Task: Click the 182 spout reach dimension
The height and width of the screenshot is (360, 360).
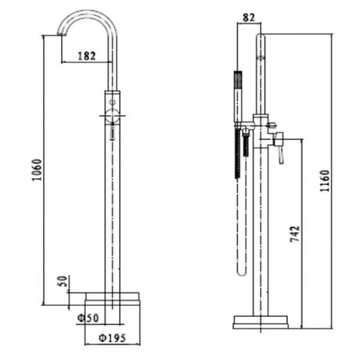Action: click(87, 56)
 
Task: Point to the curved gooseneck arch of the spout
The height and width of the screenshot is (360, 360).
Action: click(88, 14)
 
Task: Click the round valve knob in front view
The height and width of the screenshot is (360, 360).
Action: click(113, 117)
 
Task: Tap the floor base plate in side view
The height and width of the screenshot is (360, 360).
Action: click(261, 321)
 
